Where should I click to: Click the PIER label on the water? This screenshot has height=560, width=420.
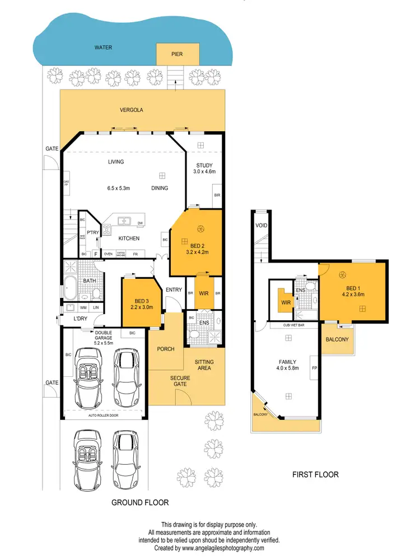tap(176, 55)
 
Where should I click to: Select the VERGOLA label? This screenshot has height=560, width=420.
tap(132, 110)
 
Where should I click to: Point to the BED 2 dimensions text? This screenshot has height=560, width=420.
tap(197, 252)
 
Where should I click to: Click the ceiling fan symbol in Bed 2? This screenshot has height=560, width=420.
tap(200, 228)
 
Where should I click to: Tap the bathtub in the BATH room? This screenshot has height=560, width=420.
tap(71, 287)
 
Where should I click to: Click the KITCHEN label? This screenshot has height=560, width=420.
tap(129, 239)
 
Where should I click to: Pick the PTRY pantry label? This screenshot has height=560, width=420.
tap(92, 233)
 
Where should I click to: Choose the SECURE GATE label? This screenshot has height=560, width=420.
tap(181, 381)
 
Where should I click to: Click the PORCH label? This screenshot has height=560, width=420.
tap(166, 349)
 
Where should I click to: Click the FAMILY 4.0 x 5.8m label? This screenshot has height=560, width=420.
tap(288, 365)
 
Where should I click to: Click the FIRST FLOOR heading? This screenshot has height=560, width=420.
tap(316, 474)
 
